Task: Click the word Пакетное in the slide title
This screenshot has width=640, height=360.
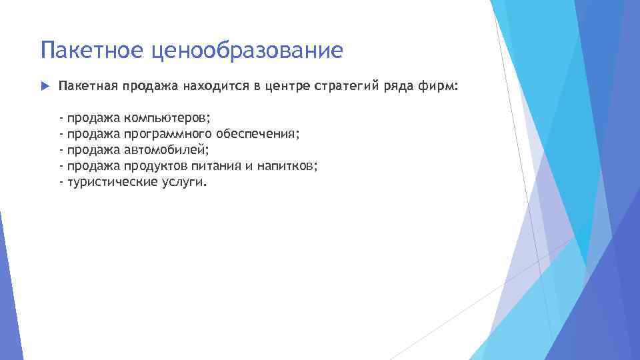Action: tap(93, 50)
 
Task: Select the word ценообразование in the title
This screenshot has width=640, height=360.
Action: tap(247, 50)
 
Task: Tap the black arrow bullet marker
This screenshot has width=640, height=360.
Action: tap(45, 87)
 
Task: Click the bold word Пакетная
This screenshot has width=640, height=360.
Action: tap(85, 87)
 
